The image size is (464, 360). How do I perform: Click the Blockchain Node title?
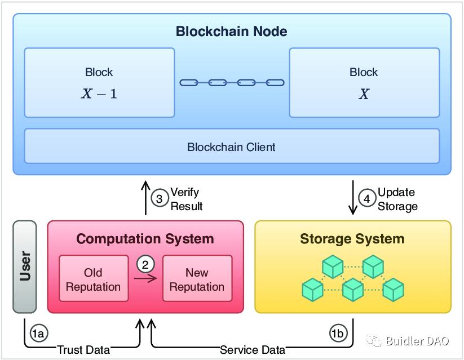tap(232, 31)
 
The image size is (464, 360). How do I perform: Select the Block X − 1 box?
tap(99, 82)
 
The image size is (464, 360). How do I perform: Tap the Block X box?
tap(364, 82)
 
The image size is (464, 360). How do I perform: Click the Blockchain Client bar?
tap(232, 147)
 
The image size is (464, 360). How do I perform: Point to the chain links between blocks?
tap(232, 83)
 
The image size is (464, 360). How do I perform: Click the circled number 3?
tap(160, 199)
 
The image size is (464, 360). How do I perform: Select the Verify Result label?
tap(186, 199)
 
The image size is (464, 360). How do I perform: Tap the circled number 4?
tap(367, 199)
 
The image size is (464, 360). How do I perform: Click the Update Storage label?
tap(397, 199)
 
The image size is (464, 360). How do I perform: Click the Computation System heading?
tap(145, 239)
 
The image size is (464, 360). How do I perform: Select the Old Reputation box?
tap(93, 280)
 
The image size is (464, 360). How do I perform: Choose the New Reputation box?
tap(197, 280)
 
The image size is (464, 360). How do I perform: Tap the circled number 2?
tap(145, 264)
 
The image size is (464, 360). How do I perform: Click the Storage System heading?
tap(352, 239)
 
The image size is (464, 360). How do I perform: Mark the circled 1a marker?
tap(38, 334)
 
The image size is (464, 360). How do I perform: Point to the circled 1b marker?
tap(338, 334)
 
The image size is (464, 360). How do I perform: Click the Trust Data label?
tap(83, 350)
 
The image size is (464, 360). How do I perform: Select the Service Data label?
tap(252, 350)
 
